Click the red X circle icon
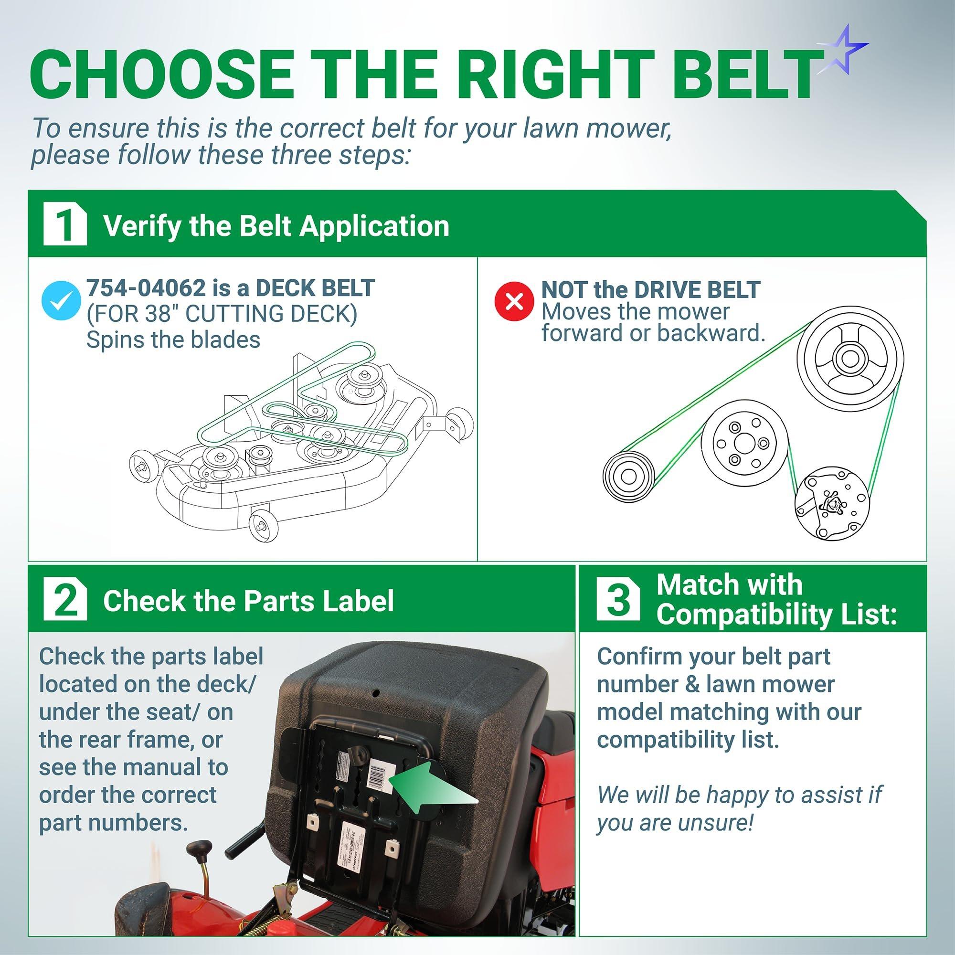[515, 300]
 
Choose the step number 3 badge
[617, 601]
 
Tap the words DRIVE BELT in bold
[696, 290]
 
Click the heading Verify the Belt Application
[276, 226]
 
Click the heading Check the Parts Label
[248, 601]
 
